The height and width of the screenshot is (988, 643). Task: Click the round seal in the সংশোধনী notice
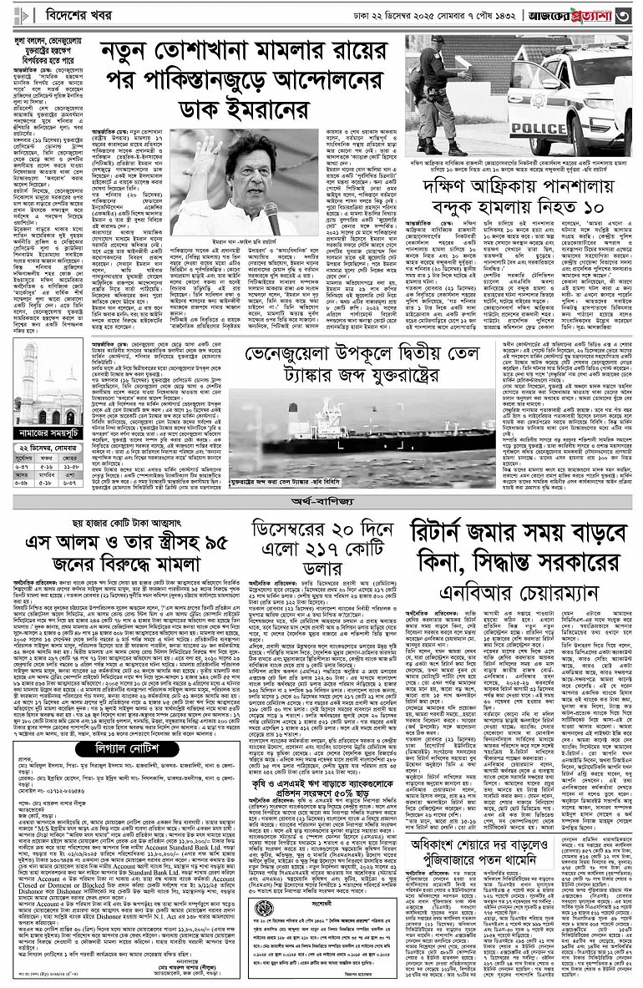pyautogui.click(x=264, y=931)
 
